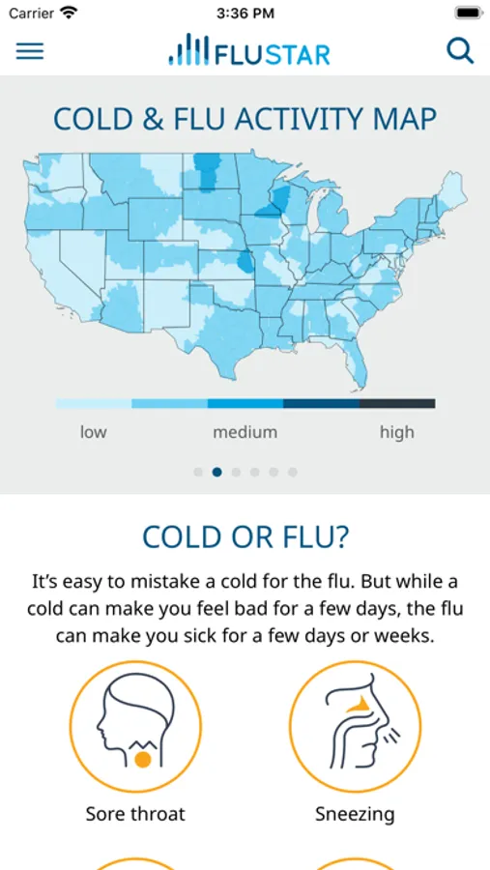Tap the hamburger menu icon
29,51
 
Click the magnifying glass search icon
460,51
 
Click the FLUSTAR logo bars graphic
188,49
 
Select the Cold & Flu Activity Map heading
245,119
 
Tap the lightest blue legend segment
93,403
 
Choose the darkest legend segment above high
397,403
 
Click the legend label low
93,432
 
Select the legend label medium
245,432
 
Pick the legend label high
397,432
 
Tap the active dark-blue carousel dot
217,472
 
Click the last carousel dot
293,472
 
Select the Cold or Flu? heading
245,536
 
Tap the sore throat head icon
135,726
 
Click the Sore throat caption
135,814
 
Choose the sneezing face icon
355,726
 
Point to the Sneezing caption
355,815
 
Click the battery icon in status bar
469,13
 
